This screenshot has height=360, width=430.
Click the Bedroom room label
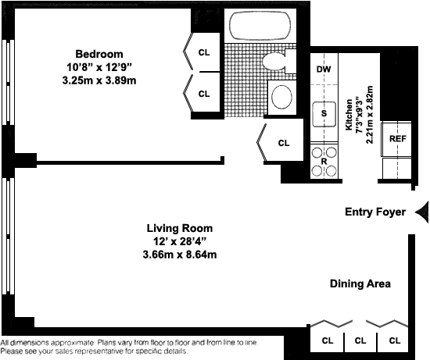99,54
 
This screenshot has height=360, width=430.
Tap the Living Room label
180,228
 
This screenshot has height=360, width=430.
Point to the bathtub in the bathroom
260,26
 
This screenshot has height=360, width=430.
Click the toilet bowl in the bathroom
274,61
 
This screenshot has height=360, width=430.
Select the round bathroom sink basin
281,97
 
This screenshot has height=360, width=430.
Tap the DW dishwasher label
324,69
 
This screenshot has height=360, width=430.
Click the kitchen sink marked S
324,114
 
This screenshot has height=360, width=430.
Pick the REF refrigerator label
398,139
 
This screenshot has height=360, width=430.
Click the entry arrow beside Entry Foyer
422,212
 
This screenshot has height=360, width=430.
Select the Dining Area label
360,283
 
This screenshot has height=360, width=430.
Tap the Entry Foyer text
375,212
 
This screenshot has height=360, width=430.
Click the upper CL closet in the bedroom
204,52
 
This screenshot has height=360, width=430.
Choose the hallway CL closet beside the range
284,143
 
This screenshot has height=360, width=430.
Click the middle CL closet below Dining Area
360,340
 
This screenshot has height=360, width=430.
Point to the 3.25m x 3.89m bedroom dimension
99,80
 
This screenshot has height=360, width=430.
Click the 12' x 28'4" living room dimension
180,241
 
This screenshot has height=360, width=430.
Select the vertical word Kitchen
349,115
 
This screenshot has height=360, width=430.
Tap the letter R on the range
324,162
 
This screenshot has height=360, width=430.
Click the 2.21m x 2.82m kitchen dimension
369,115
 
